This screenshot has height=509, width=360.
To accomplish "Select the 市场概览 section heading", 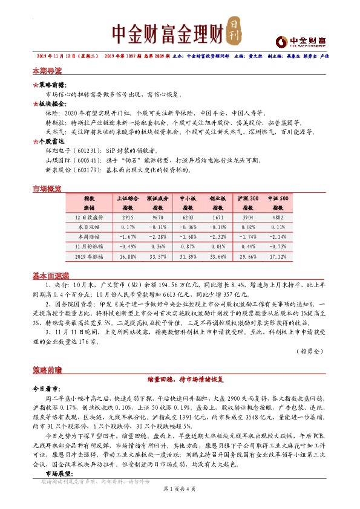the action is pos(47,189).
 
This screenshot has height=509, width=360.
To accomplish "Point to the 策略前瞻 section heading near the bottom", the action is pos(47,369).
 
